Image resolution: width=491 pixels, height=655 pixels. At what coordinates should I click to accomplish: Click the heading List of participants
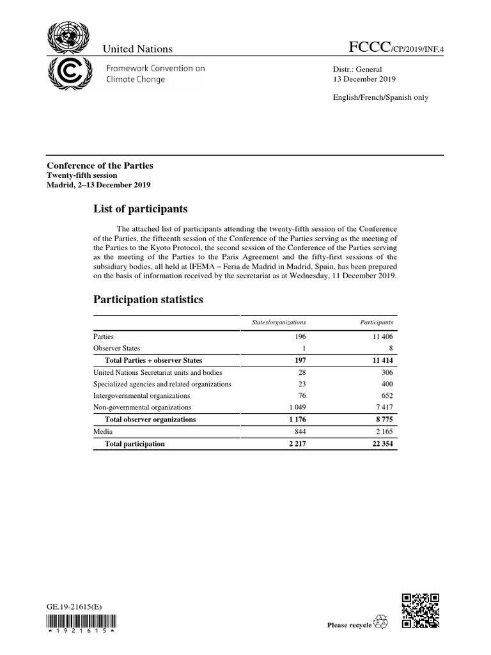140,209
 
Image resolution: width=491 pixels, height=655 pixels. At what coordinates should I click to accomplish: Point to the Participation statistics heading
148,299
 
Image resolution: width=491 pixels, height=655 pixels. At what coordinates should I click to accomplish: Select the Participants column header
376,323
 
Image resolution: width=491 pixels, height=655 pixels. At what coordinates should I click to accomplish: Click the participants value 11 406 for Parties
380,336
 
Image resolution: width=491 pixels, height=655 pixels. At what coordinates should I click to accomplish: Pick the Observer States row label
116,348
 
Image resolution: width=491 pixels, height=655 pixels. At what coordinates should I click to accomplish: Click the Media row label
104,432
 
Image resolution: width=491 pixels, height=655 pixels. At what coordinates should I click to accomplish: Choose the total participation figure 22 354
378,444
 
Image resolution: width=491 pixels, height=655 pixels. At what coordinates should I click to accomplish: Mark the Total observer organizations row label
150,420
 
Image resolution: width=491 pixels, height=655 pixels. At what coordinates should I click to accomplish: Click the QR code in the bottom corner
419,611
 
